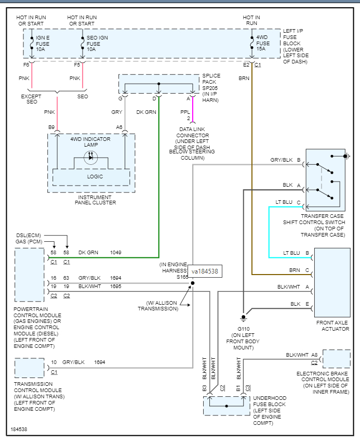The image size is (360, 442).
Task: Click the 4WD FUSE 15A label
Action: [263, 43]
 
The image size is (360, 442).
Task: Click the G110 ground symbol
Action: [243, 317]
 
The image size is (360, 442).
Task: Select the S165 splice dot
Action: [193, 283]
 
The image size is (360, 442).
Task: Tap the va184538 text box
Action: [205, 271]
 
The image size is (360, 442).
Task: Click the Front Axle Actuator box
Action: [332, 282]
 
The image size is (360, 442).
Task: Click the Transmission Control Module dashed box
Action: [29, 368]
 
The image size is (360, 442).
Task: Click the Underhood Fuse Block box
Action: [226, 405]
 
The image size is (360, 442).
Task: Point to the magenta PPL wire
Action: [193, 108]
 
